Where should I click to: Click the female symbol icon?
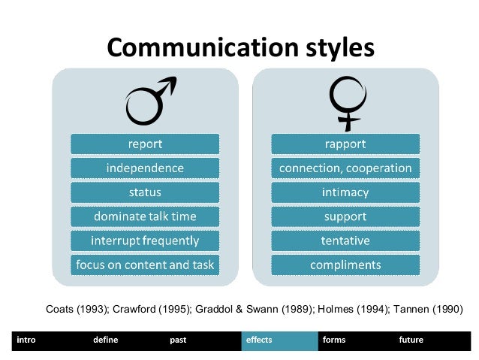(x=345, y=103)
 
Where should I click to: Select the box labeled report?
(x=145, y=144)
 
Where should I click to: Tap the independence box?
(x=145, y=168)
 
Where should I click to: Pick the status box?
(x=145, y=192)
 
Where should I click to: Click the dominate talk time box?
(x=145, y=216)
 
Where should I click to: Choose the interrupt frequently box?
(x=145, y=241)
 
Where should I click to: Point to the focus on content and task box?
(x=145, y=265)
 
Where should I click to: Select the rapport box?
(x=345, y=144)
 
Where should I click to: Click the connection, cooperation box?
(x=345, y=168)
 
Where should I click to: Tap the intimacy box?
(x=345, y=192)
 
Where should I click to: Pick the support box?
(x=345, y=216)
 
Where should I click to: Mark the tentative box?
(x=345, y=241)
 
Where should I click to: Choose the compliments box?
(x=345, y=265)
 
